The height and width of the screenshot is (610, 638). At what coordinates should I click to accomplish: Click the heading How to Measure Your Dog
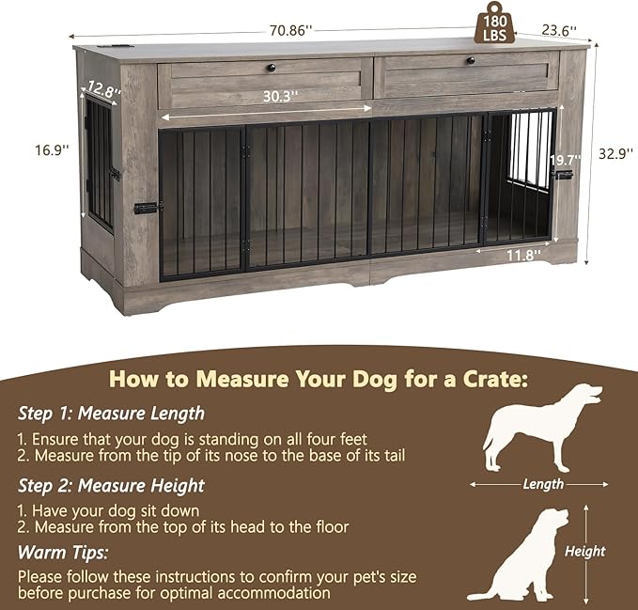(x=318, y=379)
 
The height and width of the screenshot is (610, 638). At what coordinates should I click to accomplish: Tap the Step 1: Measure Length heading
(x=111, y=413)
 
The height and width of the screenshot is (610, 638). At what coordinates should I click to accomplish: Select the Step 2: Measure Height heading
(x=111, y=486)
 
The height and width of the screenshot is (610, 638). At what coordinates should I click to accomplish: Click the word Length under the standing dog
(x=543, y=485)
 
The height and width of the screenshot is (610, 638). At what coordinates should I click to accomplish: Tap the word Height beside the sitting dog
(x=584, y=552)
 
